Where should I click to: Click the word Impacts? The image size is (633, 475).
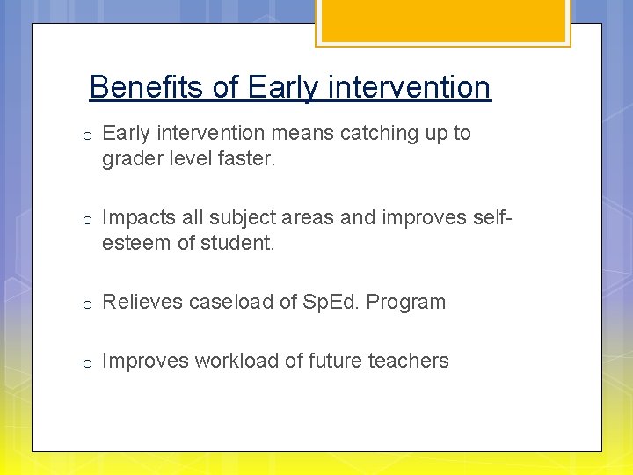[136, 217]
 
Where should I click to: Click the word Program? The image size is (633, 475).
[406, 302]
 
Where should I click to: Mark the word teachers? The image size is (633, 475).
[410, 361]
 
